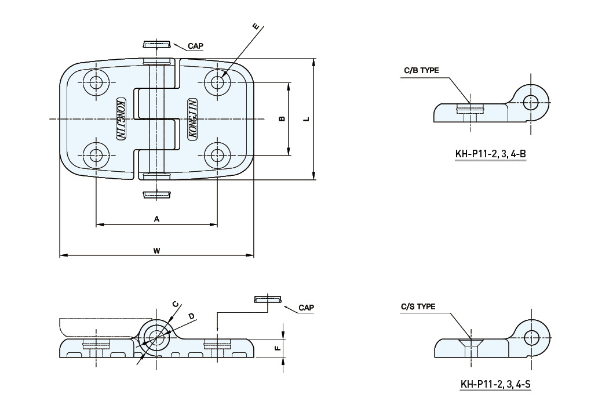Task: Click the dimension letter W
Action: (x=156, y=251)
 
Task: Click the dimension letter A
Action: (x=156, y=219)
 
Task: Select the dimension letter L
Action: (x=307, y=118)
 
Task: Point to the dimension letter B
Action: (x=282, y=118)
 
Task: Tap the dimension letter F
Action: (x=278, y=348)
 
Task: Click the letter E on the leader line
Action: (x=256, y=27)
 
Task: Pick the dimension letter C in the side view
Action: (x=176, y=304)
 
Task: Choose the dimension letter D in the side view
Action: (x=191, y=316)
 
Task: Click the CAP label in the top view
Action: (x=195, y=46)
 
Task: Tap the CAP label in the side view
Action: (x=306, y=308)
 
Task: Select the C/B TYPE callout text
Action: (x=421, y=70)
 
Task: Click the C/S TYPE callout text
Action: (x=418, y=306)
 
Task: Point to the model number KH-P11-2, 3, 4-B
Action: (x=491, y=154)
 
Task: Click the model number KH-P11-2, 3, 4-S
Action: (x=495, y=384)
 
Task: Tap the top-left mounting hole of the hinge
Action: (x=96, y=82)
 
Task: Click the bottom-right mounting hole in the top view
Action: (x=217, y=155)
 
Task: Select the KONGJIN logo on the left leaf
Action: (x=121, y=118)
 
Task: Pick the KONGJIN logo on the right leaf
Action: (x=192, y=118)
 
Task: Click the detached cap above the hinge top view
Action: (x=156, y=44)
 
